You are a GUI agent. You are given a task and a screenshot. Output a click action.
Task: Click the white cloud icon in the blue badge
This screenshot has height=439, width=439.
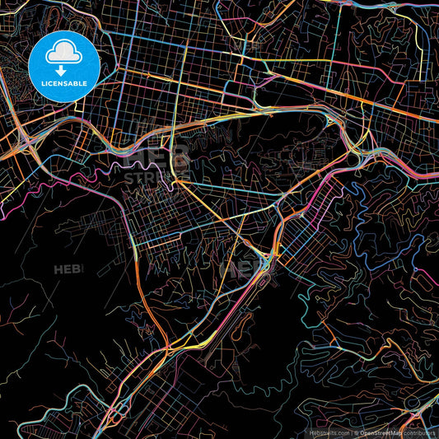click(63, 54)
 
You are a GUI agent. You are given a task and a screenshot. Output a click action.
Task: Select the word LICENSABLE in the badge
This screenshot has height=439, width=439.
click(64, 83)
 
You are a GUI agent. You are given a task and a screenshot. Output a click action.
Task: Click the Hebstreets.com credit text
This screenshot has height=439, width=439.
click(329, 432)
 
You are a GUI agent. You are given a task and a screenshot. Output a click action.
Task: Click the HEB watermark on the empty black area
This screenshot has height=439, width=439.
click(68, 269)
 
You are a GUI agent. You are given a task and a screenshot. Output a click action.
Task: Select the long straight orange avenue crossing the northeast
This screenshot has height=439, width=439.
click(329, 70)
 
